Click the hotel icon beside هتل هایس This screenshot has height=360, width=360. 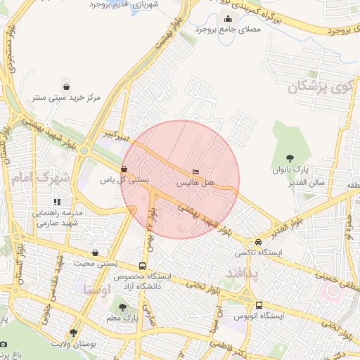click(196, 172)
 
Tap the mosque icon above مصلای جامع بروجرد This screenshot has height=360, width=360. click(228, 19)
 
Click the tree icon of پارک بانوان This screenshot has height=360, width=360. click(290, 158)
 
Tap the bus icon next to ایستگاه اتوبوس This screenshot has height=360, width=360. click(259, 306)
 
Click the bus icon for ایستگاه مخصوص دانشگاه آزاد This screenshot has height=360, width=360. click(143, 266)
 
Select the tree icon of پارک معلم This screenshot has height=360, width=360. click(124, 307)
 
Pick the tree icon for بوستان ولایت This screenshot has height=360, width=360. click(73, 333)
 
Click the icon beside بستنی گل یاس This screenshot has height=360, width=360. click(124, 169)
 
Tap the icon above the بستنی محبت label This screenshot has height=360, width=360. click(95, 252)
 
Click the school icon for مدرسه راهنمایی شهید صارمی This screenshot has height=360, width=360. click(58, 202)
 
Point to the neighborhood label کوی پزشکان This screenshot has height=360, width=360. click(318, 88)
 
